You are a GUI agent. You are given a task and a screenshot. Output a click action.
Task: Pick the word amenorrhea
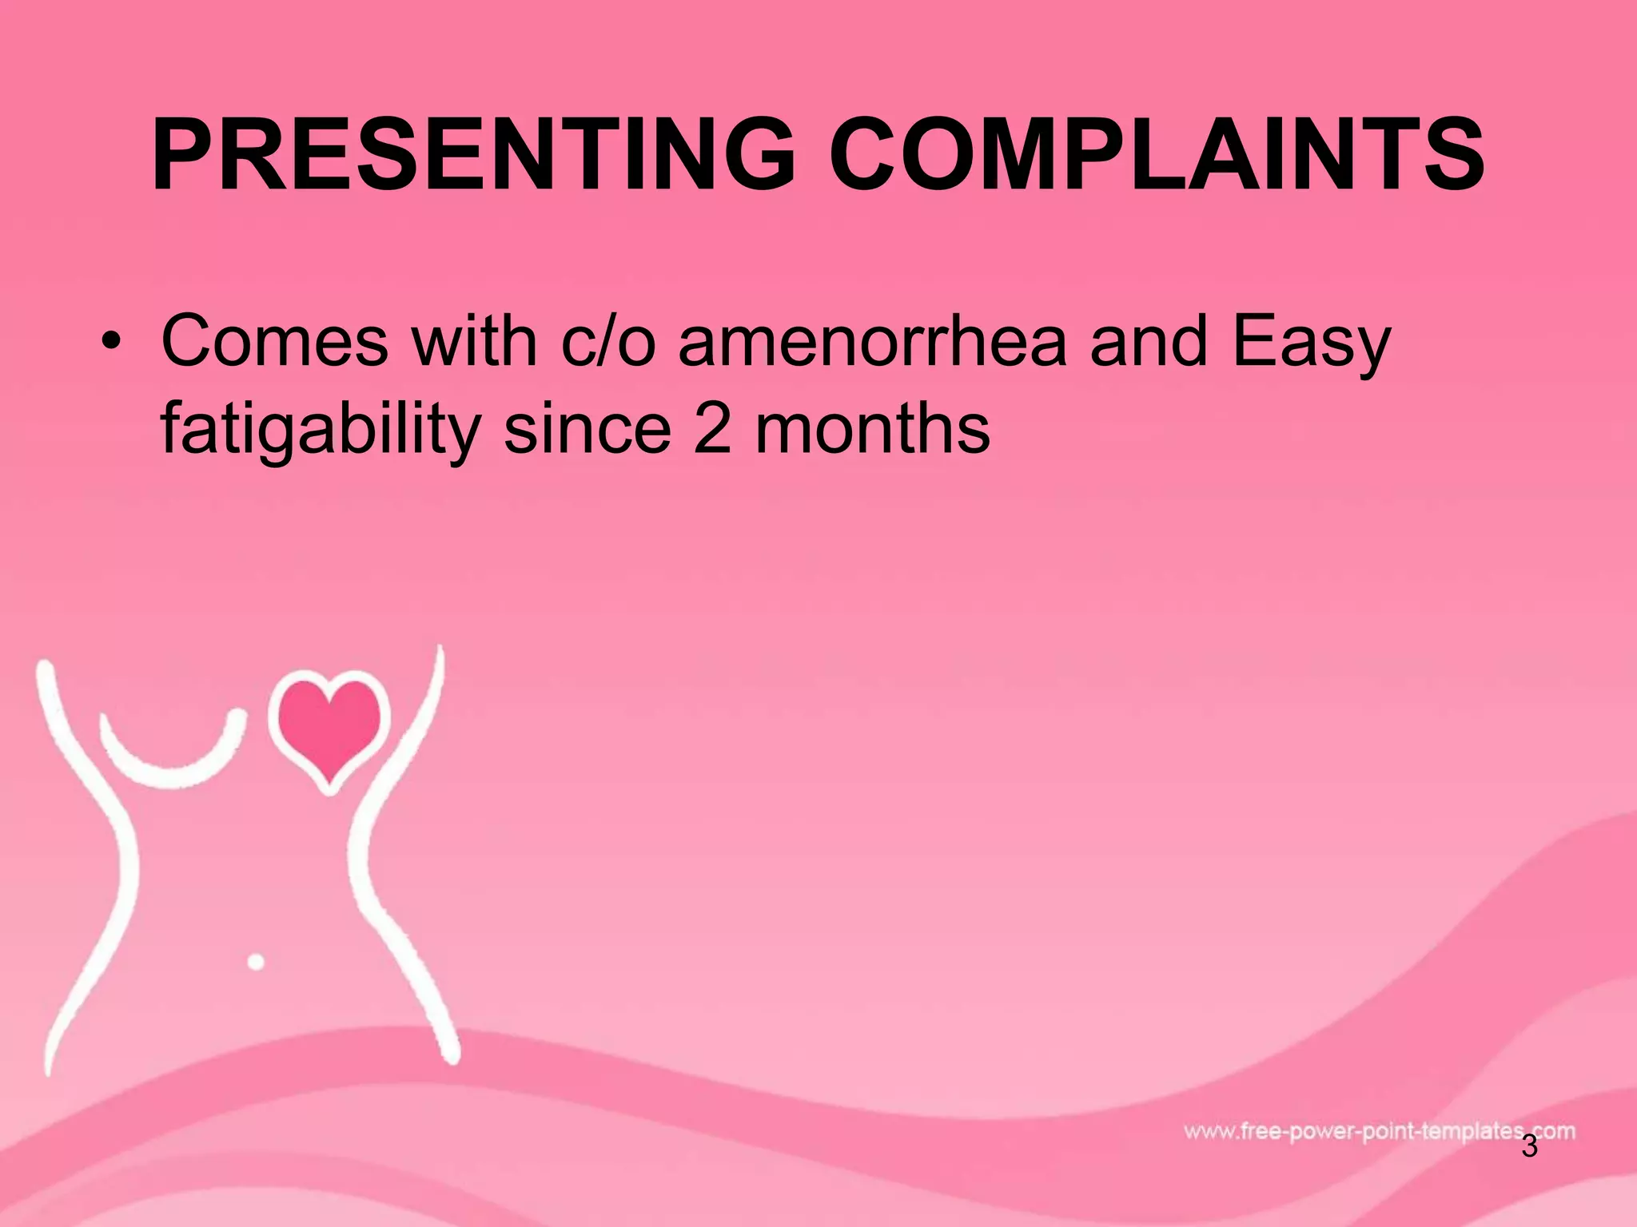872,342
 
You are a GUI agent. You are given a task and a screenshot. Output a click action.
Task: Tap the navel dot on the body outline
256,962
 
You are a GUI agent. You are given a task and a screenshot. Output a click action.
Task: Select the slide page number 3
1529,1169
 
